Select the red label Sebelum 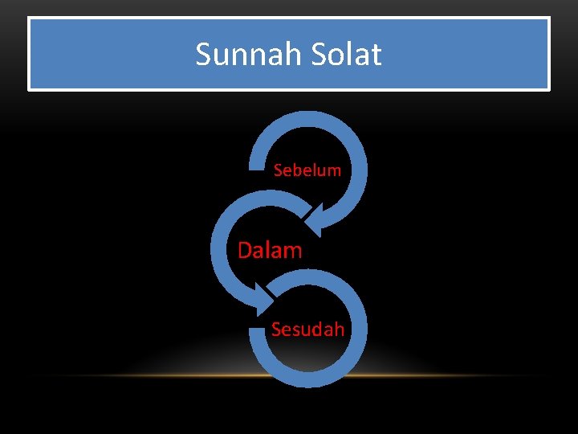point(307,170)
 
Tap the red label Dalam point(270,250)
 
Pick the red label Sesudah point(307,329)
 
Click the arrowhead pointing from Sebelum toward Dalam point(322,219)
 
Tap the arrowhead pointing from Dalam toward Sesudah point(264,299)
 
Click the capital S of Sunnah point(203,55)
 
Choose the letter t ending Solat point(376,55)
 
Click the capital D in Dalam point(245,250)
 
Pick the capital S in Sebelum point(278,170)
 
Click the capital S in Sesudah point(276,329)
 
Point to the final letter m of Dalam point(294,251)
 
